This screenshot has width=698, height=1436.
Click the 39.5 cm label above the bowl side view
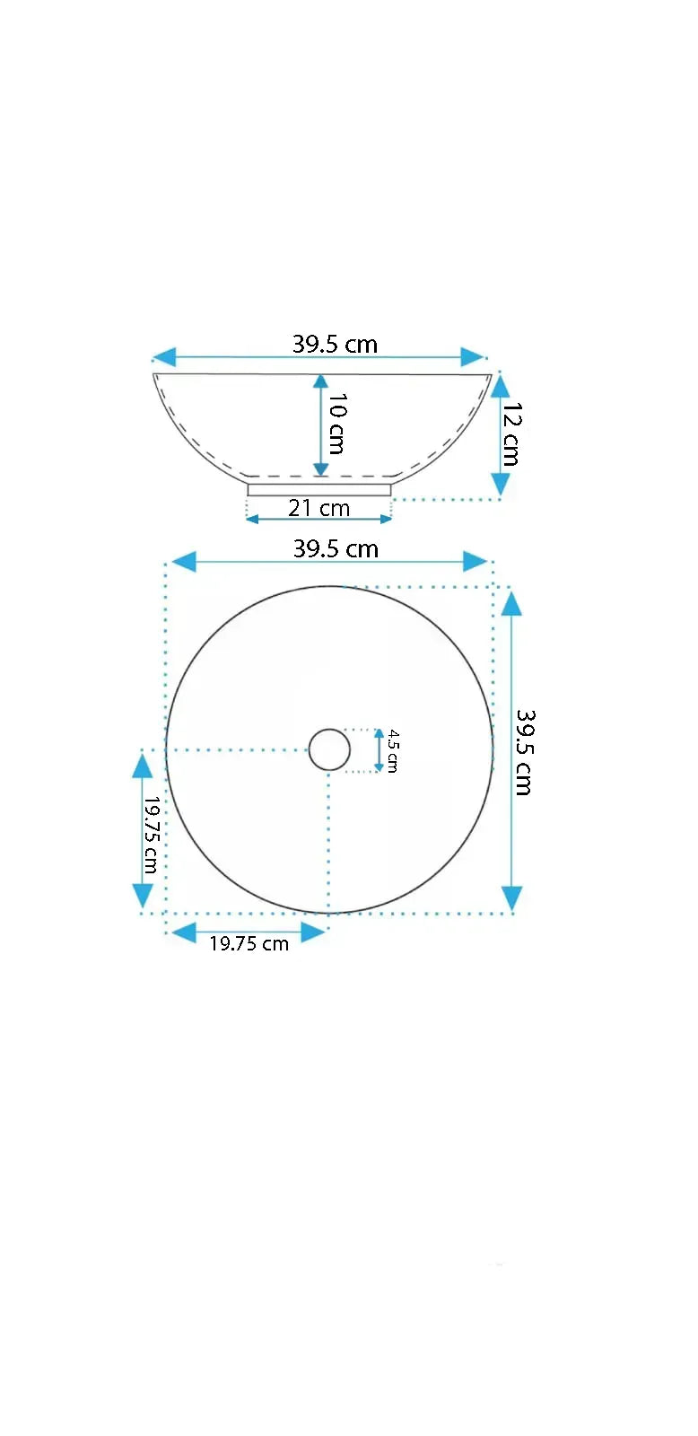[x=335, y=344]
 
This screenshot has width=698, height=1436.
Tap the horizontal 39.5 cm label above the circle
[x=336, y=548]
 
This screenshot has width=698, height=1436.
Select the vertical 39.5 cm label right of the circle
[x=524, y=752]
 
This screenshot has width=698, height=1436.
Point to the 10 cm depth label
[x=337, y=424]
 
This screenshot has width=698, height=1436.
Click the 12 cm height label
[x=511, y=433]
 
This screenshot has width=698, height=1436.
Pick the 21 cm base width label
[x=318, y=508]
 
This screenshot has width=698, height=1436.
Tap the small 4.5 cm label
[x=393, y=750]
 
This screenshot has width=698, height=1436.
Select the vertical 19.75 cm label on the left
[x=152, y=835]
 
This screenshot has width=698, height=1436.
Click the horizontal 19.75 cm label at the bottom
[x=249, y=943]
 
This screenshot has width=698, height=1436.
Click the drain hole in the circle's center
[x=329, y=749]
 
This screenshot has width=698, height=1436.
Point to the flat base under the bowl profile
[x=319, y=489]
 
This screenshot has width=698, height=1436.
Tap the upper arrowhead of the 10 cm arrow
[x=320, y=381]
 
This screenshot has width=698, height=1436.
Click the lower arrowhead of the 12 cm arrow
[x=501, y=485]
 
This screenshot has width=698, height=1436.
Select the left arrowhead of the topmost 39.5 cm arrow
[x=163, y=357]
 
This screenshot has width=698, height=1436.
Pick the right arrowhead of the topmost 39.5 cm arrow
[x=473, y=357]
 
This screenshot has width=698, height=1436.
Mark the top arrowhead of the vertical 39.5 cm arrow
[x=511, y=602]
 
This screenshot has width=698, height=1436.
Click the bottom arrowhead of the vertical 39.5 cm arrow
[x=511, y=897]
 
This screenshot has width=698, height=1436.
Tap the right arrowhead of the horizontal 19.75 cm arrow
[x=312, y=933]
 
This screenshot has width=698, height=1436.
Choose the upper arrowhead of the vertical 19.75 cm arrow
[x=143, y=766]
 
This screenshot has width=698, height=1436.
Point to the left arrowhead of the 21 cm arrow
[x=252, y=519]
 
